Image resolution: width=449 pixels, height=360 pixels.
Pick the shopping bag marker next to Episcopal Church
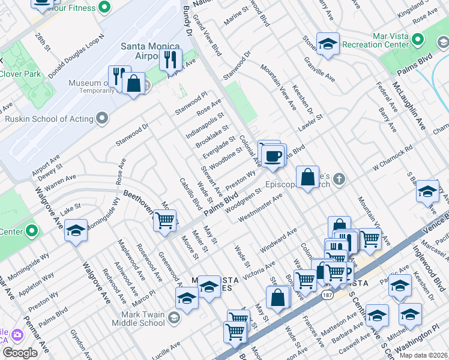pos(307,177)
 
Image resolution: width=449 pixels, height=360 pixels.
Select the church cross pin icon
pos(339,178)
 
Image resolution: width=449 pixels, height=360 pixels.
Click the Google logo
pos(20,353)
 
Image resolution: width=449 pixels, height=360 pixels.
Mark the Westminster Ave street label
pos(260,208)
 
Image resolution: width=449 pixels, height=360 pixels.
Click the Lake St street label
pos(70,208)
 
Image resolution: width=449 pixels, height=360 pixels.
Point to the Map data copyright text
pos(423,355)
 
